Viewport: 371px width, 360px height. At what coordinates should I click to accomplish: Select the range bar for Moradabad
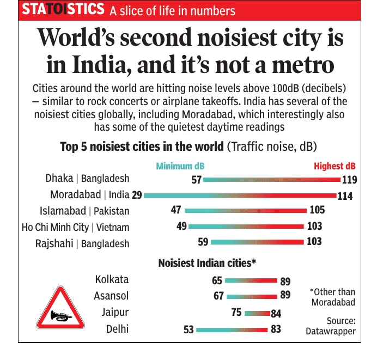[240, 194]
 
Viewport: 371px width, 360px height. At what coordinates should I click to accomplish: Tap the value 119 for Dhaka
[349, 180]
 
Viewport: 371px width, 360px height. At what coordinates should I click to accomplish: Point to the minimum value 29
[137, 195]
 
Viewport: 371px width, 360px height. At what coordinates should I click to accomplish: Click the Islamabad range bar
[246, 210]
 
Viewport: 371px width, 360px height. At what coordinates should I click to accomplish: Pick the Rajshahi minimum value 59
[202, 242]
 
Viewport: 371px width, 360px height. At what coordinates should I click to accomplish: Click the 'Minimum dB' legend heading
[180, 166]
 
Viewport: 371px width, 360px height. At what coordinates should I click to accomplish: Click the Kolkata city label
[112, 279]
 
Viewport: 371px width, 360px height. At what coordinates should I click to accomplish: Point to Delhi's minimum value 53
[188, 330]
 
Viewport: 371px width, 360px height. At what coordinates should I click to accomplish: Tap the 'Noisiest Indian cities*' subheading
[207, 263]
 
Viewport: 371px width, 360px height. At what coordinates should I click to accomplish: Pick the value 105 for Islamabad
[317, 210]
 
